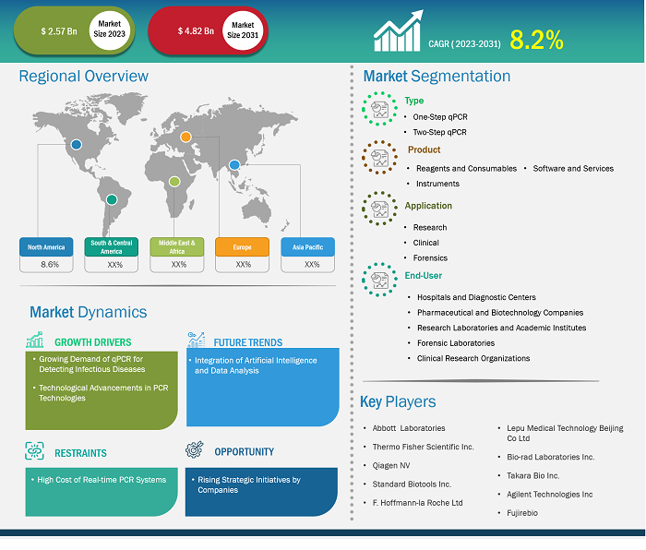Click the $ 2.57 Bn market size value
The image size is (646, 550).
coord(59,31)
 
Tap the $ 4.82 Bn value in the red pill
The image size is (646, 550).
coord(196,31)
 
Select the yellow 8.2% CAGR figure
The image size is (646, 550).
coord(536,40)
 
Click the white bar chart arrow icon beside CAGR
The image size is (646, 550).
coord(398,30)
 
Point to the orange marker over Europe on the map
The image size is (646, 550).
coord(185,137)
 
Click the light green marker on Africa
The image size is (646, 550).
coord(174,181)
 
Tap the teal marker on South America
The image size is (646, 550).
coord(112,200)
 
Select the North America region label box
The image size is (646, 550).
coord(46,247)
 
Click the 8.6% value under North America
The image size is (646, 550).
coord(50,265)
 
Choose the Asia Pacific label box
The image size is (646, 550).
coord(307,247)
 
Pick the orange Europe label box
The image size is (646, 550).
coord(242,247)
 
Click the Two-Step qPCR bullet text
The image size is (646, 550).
coord(439,132)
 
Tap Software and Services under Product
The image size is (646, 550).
coord(573,169)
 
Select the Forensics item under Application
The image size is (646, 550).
coord(430,257)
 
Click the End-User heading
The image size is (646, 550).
coord(423,276)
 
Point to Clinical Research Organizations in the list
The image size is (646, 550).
coord(473,358)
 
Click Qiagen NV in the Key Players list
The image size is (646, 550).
coord(391,465)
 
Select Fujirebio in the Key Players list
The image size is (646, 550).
coord(522,513)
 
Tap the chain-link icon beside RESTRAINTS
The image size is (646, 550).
coord(35,450)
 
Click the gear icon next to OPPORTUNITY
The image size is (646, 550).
coord(195,449)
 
